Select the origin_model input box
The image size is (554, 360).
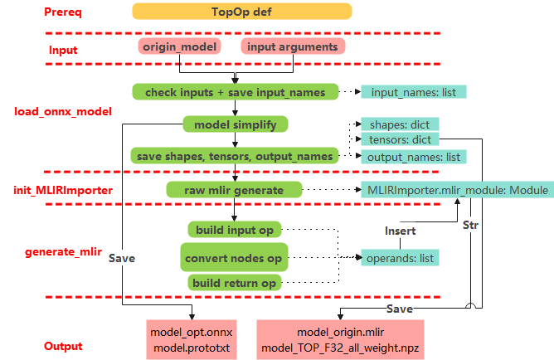(x=180, y=46)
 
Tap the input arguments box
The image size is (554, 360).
(x=293, y=46)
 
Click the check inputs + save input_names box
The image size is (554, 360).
(x=236, y=91)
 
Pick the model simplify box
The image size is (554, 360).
(x=236, y=124)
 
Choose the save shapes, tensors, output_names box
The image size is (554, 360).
(x=236, y=156)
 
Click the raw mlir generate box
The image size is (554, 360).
(x=236, y=190)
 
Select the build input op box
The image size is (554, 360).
(x=236, y=229)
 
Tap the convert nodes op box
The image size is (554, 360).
(x=234, y=258)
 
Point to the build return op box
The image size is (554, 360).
(x=234, y=283)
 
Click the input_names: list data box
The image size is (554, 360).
(x=413, y=91)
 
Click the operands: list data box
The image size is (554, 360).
(x=400, y=258)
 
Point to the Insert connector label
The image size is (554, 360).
(x=400, y=228)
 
